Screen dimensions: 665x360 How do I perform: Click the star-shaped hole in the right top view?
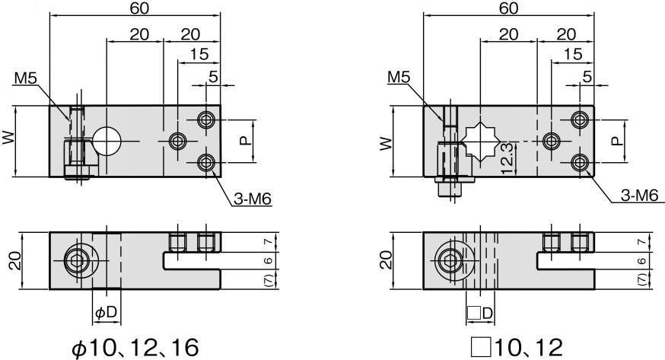pyautogui.click(x=480, y=141)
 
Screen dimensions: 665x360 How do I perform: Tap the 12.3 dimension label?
pyautogui.click(x=508, y=158)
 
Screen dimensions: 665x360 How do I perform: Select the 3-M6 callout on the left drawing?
pyautogui.click(x=253, y=199)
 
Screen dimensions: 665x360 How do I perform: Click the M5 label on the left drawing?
pyautogui.click(x=26, y=78)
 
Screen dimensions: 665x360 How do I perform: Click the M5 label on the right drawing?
pyautogui.click(x=399, y=77)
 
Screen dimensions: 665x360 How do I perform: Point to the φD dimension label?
pyautogui.click(x=106, y=313)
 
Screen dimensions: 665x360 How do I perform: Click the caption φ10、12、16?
pyautogui.click(x=135, y=348)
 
